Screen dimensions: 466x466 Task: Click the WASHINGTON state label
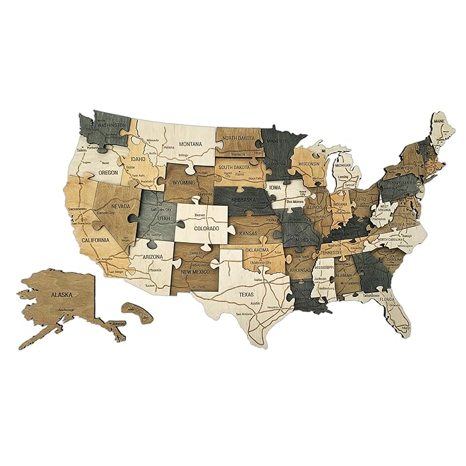(x=111, y=124)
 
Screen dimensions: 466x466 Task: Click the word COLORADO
(x=206, y=228)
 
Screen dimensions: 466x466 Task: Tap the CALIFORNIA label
(x=95, y=240)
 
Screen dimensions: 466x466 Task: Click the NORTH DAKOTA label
(x=239, y=138)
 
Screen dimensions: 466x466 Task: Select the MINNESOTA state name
(x=282, y=141)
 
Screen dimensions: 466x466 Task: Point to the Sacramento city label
(x=77, y=208)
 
